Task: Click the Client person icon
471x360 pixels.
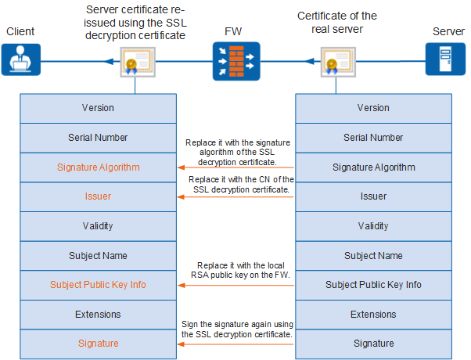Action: [20, 59]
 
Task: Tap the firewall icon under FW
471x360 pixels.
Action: [236, 61]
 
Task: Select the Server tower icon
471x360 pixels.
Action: [445, 59]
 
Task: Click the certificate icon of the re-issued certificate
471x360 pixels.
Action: [138, 62]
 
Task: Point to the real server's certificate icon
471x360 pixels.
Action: [338, 62]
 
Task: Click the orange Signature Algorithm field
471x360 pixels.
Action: [99, 167]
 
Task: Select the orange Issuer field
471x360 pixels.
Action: [99, 196]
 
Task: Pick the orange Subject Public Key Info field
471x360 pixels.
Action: [99, 285]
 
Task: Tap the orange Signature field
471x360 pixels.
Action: [99, 344]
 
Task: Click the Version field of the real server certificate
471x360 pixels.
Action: [373, 108]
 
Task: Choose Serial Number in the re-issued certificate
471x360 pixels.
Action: [99, 138]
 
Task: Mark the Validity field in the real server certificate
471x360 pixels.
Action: [373, 226]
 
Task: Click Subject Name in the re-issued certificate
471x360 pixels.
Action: [99, 255]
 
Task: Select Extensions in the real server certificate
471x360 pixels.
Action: [373, 315]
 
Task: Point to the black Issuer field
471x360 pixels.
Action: [373, 196]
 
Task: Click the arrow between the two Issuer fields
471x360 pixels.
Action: [235, 197]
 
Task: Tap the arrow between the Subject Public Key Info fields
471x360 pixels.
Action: [235, 285]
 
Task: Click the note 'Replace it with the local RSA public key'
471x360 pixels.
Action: [241, 270]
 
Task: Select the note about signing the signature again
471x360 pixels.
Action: [237, 329]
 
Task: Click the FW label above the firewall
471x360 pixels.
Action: [233, 31]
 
